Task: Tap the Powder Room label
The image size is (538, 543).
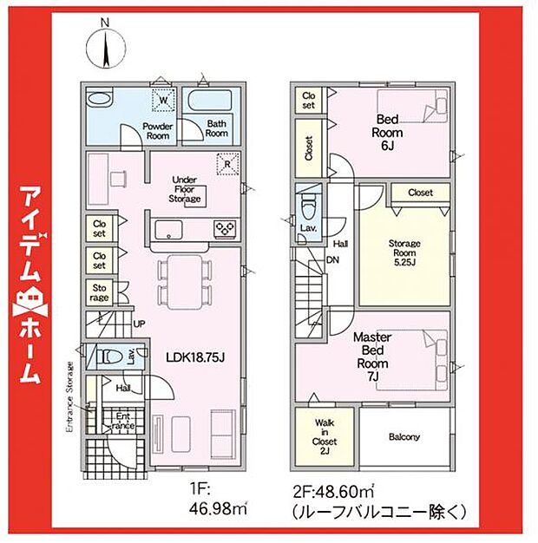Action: [x=158, y=130]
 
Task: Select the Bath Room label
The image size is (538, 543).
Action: [x=216, y=128]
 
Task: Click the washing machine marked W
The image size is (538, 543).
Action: [x=162, y=101]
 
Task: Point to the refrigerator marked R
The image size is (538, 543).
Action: [x=226, y=164]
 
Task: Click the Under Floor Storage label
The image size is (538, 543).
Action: [x=186, y=188]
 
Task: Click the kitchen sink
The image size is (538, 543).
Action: [x=167, y=229]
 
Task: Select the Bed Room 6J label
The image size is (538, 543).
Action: [x=387, y=133]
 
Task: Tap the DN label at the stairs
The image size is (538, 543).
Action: [x=332, y=260]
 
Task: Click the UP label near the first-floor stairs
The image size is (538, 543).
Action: [x=140, y=324]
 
